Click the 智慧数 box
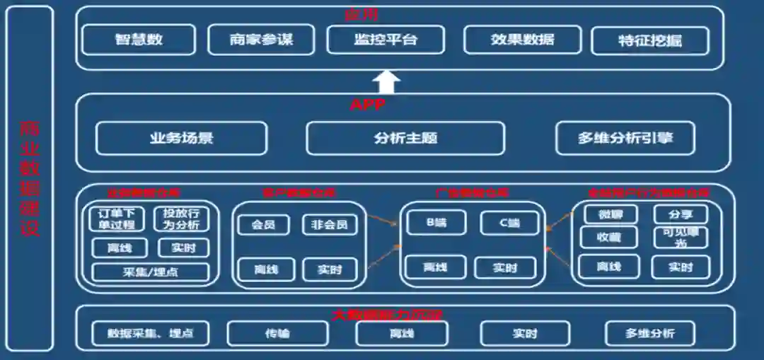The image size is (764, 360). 139,40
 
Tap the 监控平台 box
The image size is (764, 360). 386,40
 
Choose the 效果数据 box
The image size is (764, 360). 522,40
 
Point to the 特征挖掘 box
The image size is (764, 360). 649,41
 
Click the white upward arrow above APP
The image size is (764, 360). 386,81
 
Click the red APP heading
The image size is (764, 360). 368,105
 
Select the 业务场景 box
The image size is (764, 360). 181,138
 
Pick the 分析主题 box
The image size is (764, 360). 405,138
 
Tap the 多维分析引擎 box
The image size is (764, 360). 625,138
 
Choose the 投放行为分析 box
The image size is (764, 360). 181,219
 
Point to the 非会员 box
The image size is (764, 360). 330,225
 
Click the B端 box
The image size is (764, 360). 436,223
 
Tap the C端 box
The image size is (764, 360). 509,223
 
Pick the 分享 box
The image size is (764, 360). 680,214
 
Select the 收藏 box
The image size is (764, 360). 608,238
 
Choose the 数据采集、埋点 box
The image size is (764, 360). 150,334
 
